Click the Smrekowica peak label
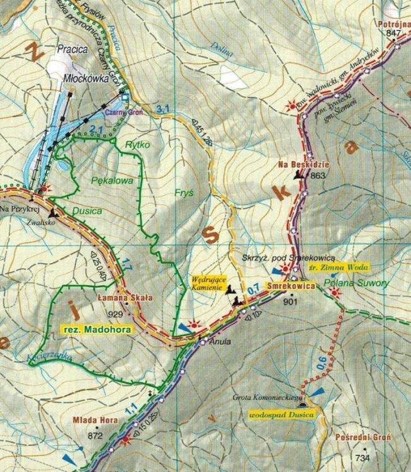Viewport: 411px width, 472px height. coord(290,286)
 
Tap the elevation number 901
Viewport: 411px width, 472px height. coord(290,302)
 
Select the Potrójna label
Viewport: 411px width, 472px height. coord(393,24)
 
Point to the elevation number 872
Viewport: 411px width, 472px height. coord(95,435)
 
